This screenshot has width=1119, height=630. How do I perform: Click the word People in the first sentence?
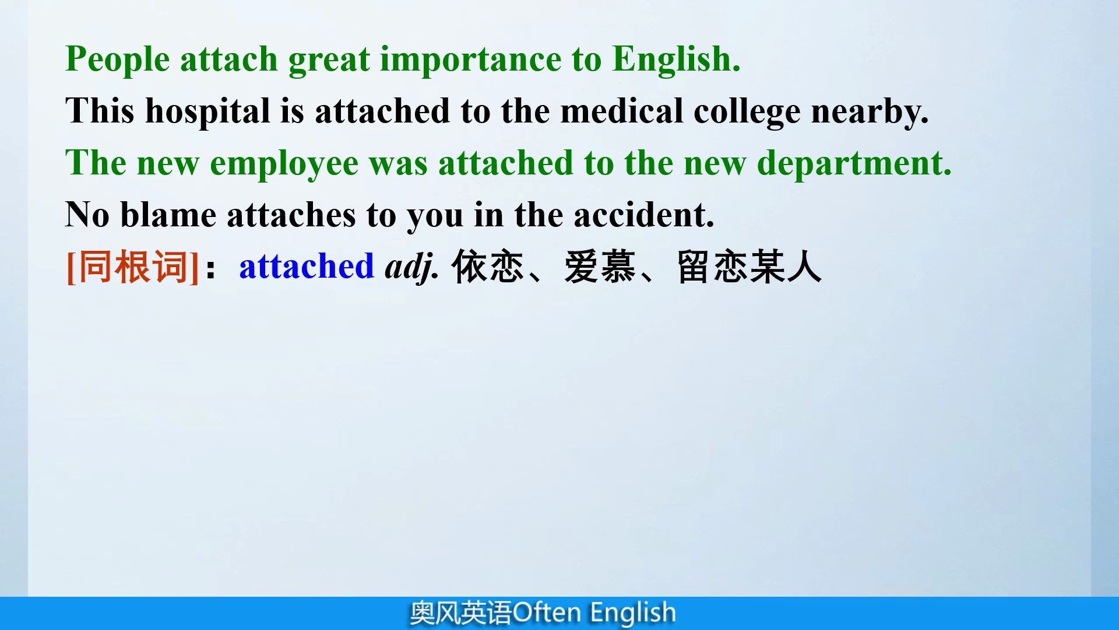[x=117, y=60]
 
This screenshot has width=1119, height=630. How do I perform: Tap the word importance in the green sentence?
[x=470, y=60]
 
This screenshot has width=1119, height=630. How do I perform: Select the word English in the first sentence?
[x=676, y=60]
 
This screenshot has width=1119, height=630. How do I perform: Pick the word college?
[x=747, y=111]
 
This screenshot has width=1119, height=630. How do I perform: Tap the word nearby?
[x=870, y=111]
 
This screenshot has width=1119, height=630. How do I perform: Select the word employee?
[x=284, y=163]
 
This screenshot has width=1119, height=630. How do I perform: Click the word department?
[x=854, y=163]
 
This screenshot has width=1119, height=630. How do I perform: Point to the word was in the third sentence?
[x=398, y=163]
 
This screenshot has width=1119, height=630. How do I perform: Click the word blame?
[x=168, y=215]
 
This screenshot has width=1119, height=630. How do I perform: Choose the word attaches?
[x=291, y=215]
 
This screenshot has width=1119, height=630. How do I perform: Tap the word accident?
[x=643, y=215]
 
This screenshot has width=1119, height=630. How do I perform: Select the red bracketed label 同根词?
[x=133, y=267]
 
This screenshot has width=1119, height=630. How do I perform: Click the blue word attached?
[x=307, y=267]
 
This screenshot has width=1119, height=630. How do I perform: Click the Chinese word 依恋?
[x=487, y=267]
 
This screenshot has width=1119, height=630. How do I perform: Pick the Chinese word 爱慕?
[x=600, y=267]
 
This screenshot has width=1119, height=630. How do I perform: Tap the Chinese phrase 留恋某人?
[x=749, y=267]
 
